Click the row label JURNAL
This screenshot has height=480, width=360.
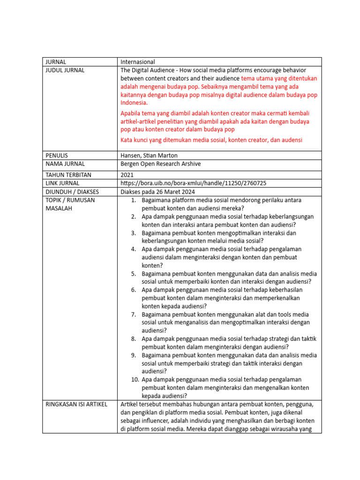55,62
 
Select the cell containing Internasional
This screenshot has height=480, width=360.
137,62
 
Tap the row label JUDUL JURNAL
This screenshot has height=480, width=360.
65,70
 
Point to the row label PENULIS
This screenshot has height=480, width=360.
57,156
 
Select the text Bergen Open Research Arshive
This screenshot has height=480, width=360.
163,164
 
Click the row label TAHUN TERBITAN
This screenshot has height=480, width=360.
67,175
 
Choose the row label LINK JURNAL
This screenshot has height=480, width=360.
62,183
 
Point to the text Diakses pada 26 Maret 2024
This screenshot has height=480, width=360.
157,192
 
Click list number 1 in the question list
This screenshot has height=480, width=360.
133,200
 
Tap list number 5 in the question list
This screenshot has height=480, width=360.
133,274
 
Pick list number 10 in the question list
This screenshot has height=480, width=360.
135,380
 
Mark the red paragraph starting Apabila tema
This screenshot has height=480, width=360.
215,121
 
